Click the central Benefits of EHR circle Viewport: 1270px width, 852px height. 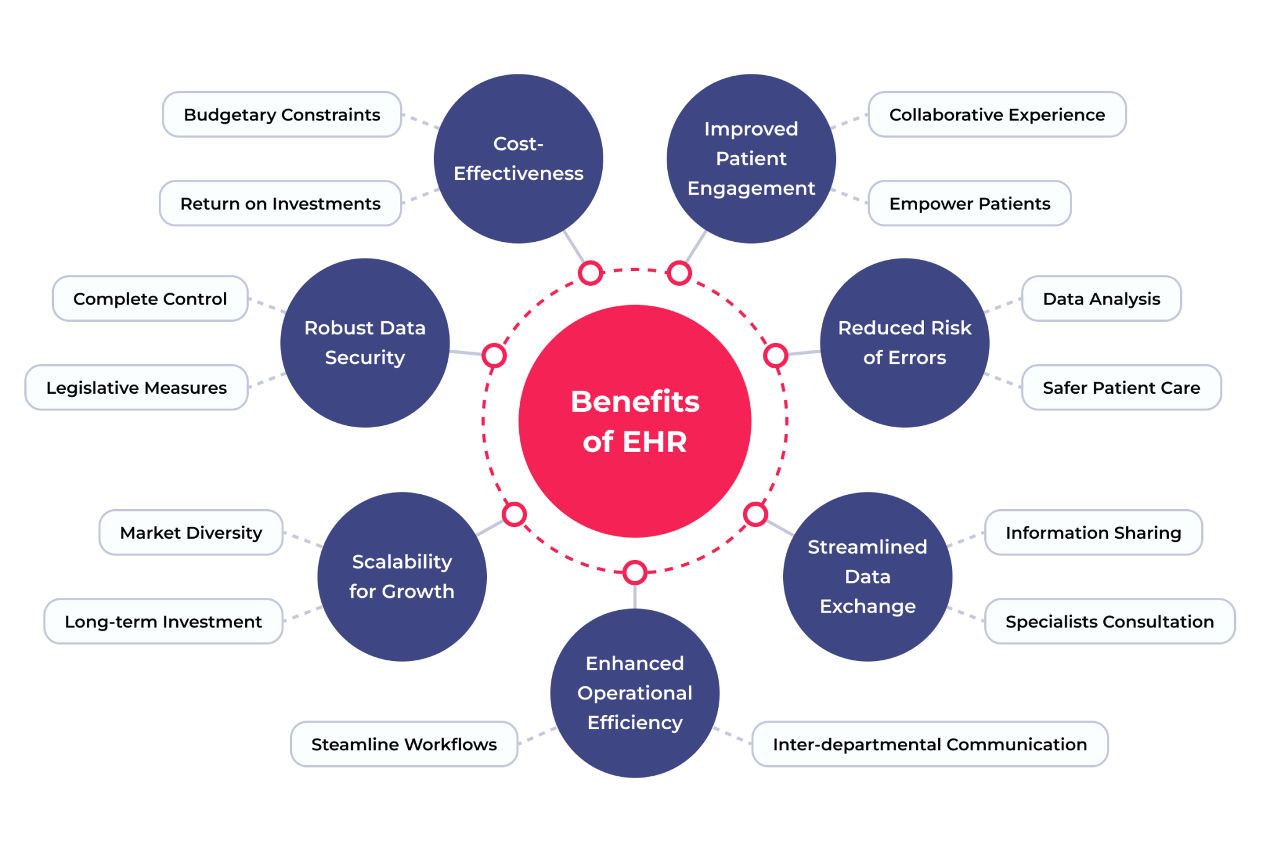coord(634,421)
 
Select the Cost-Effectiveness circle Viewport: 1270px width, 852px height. coord(518,159)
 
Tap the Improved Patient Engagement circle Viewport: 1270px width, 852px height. coord(751,159)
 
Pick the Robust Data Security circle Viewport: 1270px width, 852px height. coord(365,343)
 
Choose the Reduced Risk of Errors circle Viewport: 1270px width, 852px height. coord(904,343)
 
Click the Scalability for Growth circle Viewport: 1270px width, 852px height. coord(402,577)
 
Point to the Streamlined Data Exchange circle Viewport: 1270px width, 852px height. coord(868,577)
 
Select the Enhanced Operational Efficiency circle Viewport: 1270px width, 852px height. coord(634,693)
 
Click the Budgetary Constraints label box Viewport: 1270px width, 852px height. coord(282,115)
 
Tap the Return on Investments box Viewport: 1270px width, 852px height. coord(280,203)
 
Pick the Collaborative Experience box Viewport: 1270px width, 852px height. coord(997,115)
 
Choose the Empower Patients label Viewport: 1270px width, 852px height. coord(969,203)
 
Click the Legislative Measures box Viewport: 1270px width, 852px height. coord(136,388)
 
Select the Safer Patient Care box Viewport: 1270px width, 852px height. coord(1121,388)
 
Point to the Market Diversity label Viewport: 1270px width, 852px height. coord(191,533)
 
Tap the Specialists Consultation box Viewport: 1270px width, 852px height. coord(1109,621)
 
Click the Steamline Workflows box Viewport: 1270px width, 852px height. coord(404,744)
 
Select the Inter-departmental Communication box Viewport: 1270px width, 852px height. coord(930,744)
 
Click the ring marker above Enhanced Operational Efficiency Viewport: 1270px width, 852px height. coord(634,572)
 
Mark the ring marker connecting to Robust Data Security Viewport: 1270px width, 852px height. coord(494,355)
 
